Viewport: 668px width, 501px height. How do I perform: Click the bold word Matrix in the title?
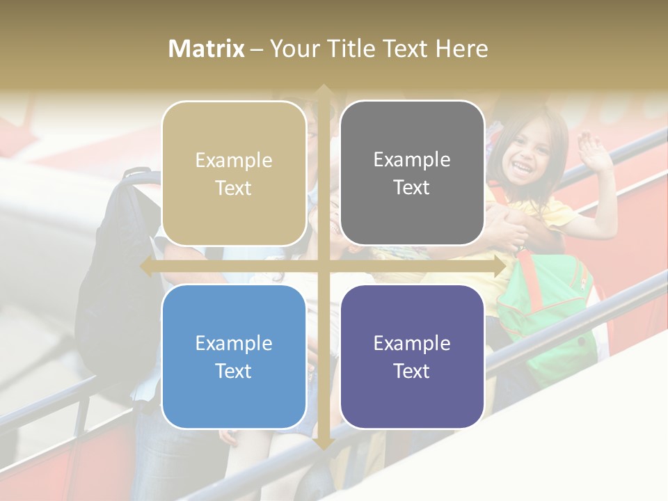pos(207,49)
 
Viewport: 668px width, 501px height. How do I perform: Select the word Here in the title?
pos(461,49)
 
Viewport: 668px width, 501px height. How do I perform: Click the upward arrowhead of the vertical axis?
pos(323,91)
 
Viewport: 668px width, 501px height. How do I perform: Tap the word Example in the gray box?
pos(412,160)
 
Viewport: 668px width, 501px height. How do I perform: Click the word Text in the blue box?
pos(234,371)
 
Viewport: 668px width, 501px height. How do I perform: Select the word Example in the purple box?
pos(412,343)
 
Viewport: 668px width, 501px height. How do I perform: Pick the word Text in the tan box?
pos(234,188)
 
